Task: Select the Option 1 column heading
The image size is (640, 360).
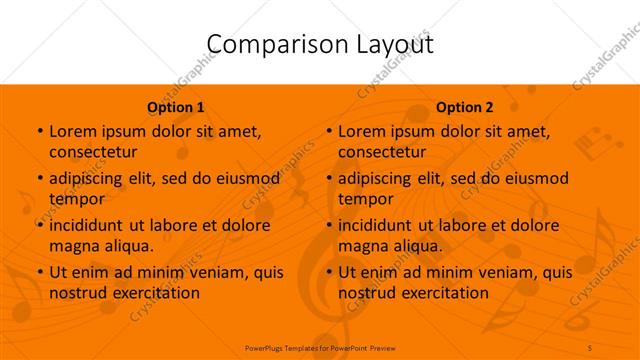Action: pyautogui.click(x=176, y=107)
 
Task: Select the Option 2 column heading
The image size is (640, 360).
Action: pyautogui.click(x=465, y=107)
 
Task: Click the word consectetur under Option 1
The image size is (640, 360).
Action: pyautogui.click(x=93, y=152)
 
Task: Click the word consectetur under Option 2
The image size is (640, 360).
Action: pyautogui.click(x=382, y=152)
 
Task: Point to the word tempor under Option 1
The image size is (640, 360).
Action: pyautogui.click(x=75, y=199)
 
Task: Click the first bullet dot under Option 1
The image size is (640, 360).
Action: pyautogui.click(x=38, y=132)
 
